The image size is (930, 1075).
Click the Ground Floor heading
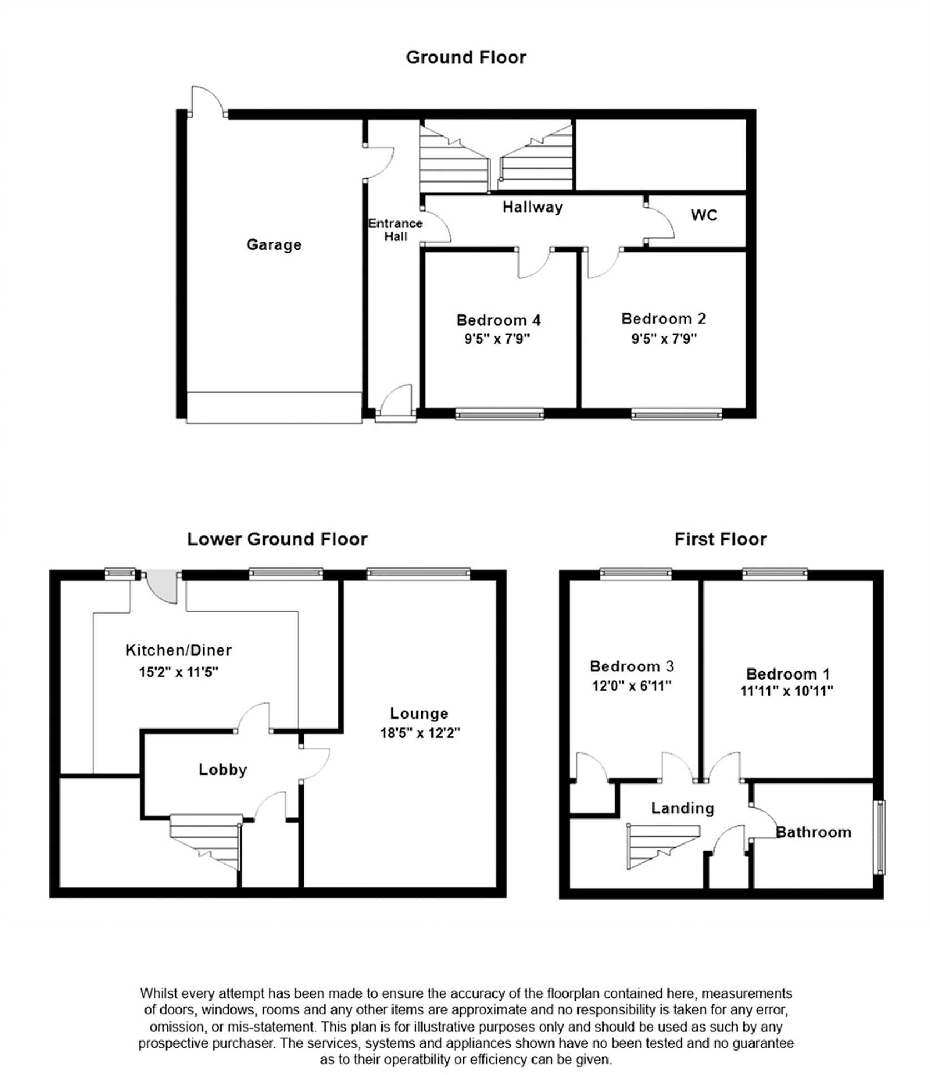tap(465, 57)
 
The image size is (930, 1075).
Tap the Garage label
tap(274, 244)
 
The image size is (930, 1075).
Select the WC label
tap(704, 215)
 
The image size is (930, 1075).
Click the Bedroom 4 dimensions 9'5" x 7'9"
tap(497, 339)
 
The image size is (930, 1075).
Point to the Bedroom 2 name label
tap(663, 319)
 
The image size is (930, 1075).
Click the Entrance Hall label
tap(395, 229)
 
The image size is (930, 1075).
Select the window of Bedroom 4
tap(499, 414)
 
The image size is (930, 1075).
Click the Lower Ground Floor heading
tap(277, 539)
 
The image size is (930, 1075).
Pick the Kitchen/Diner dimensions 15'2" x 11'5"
tap(178, 672)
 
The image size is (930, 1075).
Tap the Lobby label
tap(223, 770)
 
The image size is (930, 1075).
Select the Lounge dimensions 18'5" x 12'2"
tap(420, 733)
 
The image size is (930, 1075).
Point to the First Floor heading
tap(720, 539)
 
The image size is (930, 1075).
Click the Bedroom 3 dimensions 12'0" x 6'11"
tap(631, 686)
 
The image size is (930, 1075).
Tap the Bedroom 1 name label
tap(787, 674)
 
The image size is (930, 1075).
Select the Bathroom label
tap(813, 832)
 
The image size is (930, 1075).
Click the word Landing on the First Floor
tap(682, 808)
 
